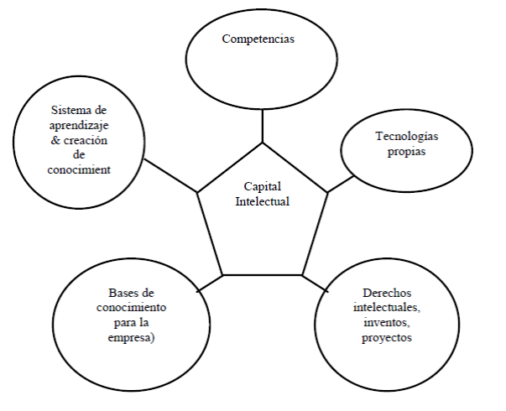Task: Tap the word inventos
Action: click(386, 322)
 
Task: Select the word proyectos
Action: click(386, 337)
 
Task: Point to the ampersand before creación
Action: click(55, 140)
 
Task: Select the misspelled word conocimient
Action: click(81, 170)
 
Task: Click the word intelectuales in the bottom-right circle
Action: click(386, 307)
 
